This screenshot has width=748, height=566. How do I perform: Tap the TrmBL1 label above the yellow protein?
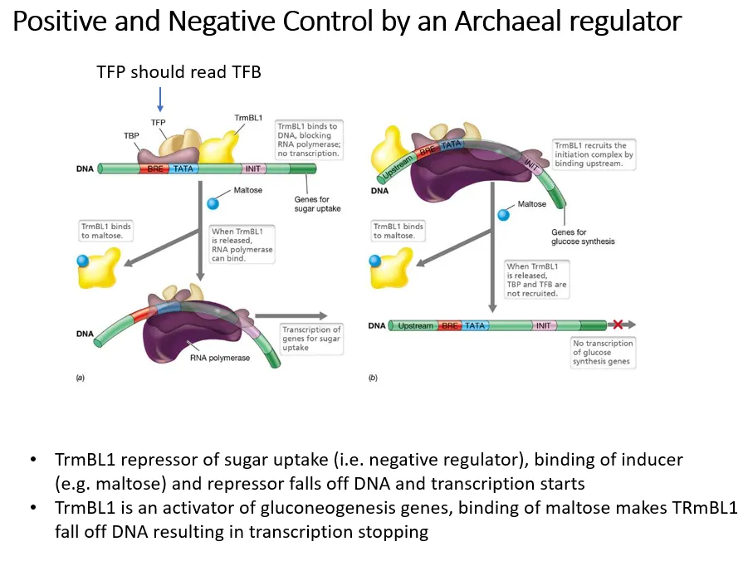[249, 118]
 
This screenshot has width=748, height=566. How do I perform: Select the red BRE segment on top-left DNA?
[155, 168]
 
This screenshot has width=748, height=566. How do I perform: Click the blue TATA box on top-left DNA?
[182, 168]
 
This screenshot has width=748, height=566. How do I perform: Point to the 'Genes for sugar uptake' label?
[317, 203]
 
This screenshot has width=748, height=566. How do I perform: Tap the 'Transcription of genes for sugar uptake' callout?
[311, 339]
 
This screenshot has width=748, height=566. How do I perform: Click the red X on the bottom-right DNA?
[618, 324]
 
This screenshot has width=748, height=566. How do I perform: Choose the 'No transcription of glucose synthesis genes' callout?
[603, 352]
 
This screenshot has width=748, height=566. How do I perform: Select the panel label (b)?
[373, 378]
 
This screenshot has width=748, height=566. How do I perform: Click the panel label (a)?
[80, 378]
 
